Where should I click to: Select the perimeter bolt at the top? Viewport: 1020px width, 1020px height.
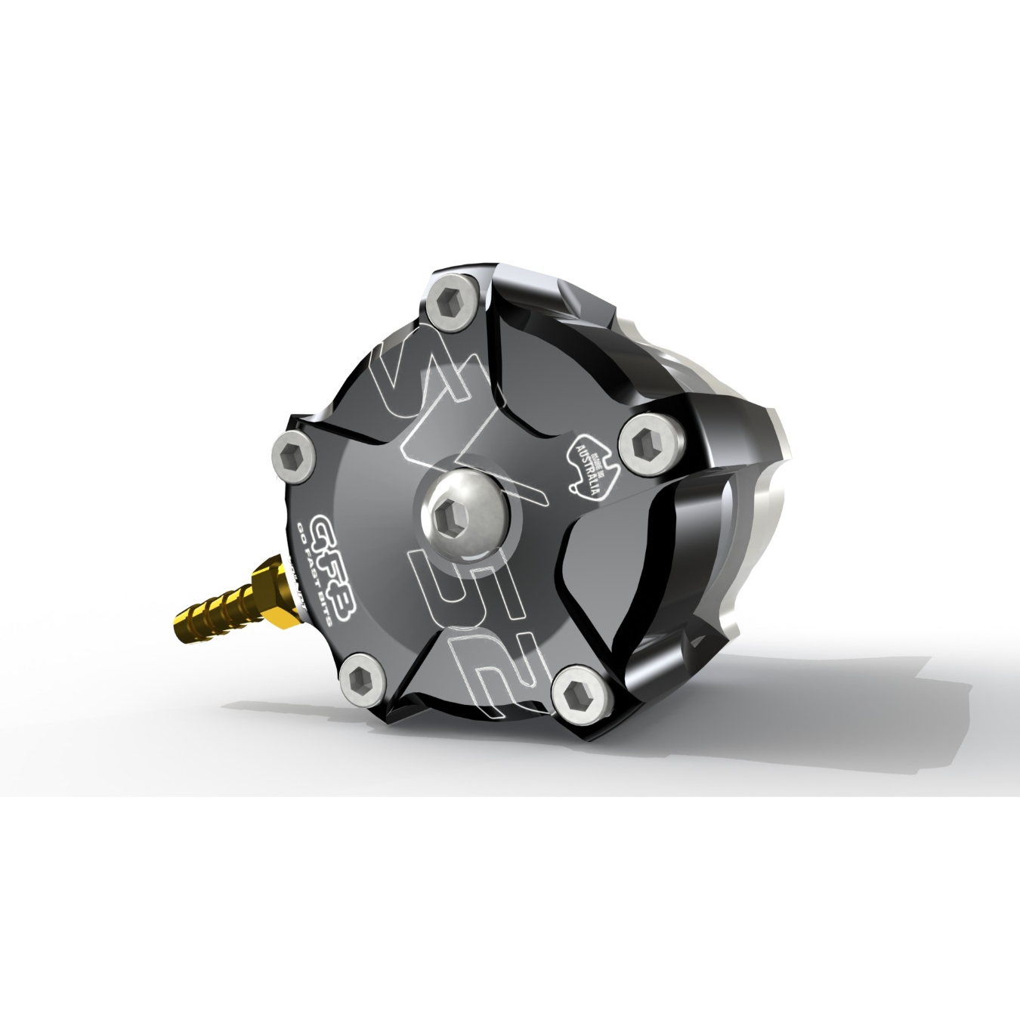tap(451, 308)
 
